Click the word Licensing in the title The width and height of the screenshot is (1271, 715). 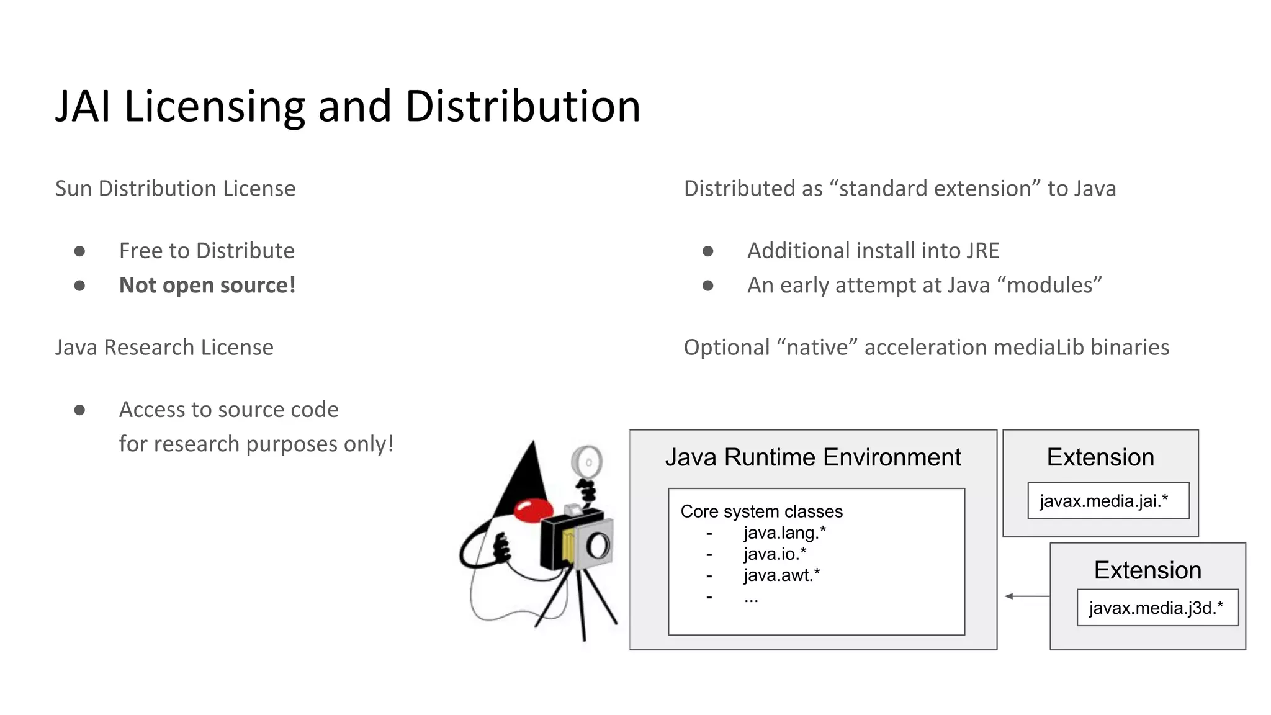click(x=214, y=107)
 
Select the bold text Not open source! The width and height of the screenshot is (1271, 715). click(x=207, y=286)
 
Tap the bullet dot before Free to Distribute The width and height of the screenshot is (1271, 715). click(x=79, y=251)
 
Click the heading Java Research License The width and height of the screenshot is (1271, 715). click(x=164, y=348)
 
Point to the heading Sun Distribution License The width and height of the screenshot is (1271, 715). click(x=175, y=189)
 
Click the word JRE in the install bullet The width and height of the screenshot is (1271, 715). click(x=982, y=251)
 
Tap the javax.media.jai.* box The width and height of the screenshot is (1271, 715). click(x=1108, y=501)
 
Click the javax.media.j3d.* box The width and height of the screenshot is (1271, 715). click(x=1157, y=608)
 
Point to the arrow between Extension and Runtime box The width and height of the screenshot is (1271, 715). click(x=1026, y=596)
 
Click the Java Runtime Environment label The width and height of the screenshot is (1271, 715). click(x=812, y=457)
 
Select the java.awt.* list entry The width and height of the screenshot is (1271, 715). click(x=781, y=575)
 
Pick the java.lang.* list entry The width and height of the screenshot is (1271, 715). click(x=784, y=533)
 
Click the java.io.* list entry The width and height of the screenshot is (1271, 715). click(x=775, y=554)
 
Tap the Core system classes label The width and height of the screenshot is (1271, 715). click(x=761, y=511)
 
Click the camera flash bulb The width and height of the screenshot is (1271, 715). click(x=587, y=462)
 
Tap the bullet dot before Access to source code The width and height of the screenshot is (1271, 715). click(x=79, y=410)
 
